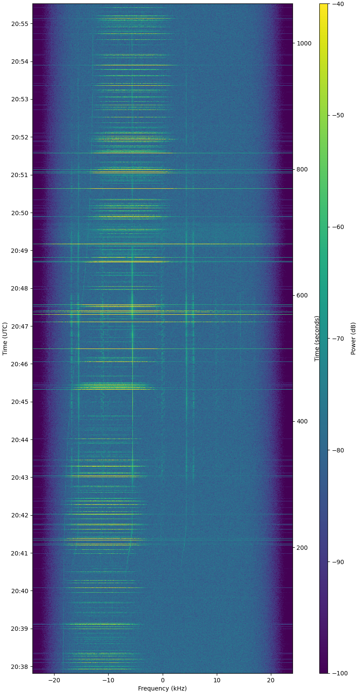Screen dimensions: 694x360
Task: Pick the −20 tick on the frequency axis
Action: [54, 680]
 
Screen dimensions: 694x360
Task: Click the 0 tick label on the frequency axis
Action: [163, 680]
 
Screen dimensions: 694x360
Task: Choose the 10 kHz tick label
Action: [217, 680]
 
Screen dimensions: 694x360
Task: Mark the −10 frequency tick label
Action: [108, 680]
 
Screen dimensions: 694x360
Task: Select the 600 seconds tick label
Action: [303, 296]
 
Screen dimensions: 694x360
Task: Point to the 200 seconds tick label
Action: [303, 548]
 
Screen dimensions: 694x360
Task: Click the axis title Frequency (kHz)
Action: [162, 688]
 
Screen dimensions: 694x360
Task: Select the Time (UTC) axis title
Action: [5, 339]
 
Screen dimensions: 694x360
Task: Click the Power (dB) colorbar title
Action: [353, 339]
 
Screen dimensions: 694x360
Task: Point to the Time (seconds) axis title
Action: [317, 339]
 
